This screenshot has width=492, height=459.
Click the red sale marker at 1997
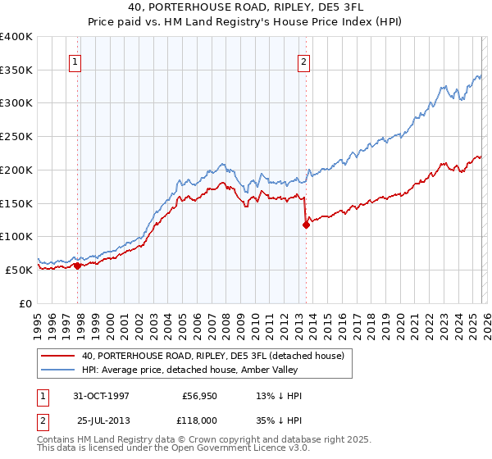pos(77,265)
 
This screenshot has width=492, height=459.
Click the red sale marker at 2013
pos(306,224)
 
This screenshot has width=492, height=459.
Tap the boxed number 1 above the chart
pos(75,61)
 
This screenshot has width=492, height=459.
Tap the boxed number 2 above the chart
pos(304,61)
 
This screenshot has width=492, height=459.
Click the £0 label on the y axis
pos(26,303)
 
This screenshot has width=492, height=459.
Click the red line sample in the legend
pos(57,355)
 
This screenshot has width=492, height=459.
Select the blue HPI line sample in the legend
pos(57,371)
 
